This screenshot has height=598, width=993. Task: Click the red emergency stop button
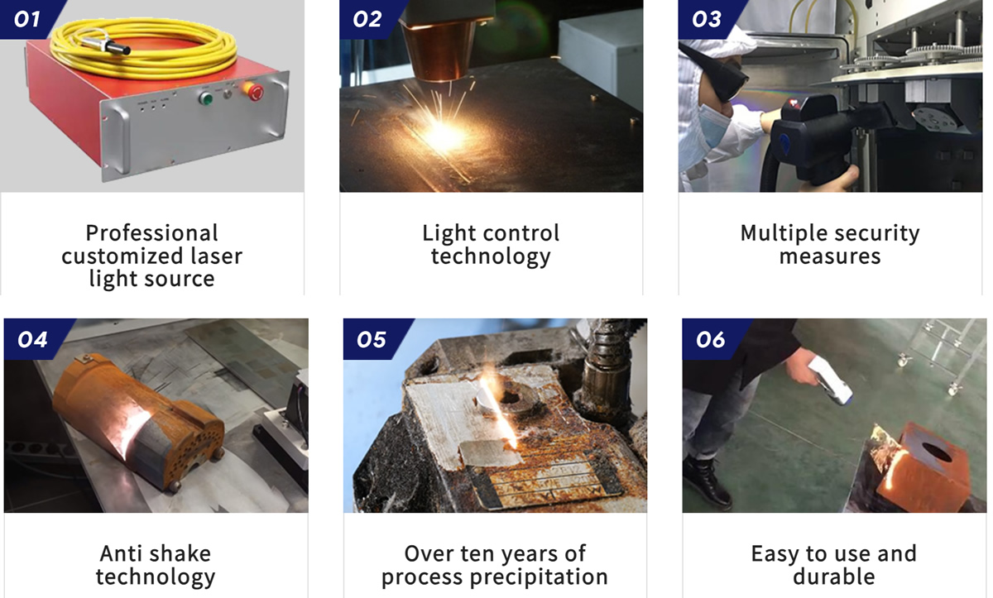point(255,92)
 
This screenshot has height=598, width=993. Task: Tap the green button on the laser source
point(205,98)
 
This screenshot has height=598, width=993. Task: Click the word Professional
point(151,233)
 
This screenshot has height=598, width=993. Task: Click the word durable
point(834,576)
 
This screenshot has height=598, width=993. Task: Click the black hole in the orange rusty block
point(937,452)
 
